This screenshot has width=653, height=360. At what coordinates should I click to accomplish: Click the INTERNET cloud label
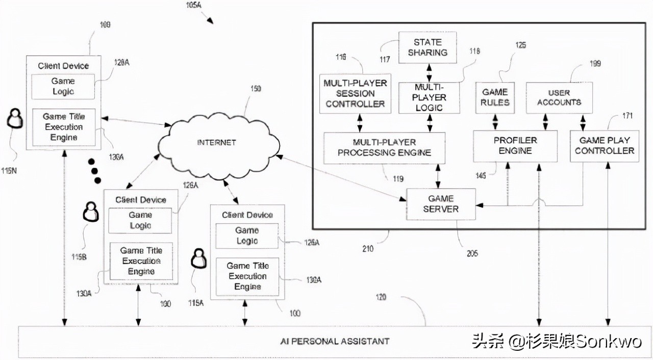pos(216,142)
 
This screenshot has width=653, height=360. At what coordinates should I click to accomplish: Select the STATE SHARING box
pos(427,47)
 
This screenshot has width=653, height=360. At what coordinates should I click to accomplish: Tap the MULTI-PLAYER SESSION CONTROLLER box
pos(355,93)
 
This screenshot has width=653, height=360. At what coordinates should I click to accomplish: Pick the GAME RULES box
pos(495,97)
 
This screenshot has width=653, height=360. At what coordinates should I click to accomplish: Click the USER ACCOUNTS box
pos(559,97)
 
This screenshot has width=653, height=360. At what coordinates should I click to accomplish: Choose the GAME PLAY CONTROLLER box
pos(604,145)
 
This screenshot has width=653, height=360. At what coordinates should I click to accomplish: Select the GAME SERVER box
pos(441,204)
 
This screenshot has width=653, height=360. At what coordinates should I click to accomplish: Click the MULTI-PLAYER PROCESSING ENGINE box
pos(384,147)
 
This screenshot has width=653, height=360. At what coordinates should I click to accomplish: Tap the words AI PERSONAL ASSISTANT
pos(335,341)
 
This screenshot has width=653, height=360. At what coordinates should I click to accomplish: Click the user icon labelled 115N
pos(15,120)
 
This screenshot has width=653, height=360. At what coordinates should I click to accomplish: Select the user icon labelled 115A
pos(198,259)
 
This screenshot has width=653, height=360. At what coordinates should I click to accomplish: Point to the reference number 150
pos(255,89)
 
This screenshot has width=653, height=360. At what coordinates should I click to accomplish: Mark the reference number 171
pos(627,116)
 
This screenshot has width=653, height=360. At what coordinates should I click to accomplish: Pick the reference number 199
pos(594,64)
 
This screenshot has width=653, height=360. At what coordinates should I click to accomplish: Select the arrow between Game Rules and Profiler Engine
pos(495,121)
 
